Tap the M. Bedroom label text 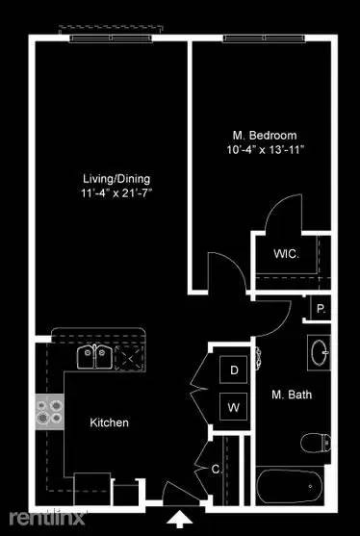(264, 135)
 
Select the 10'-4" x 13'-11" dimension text (264, 149)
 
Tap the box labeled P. (320, 310)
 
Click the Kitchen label (109, 422)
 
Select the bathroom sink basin (321, 352)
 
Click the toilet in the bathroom (317, 443)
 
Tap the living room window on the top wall (110, 38)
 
